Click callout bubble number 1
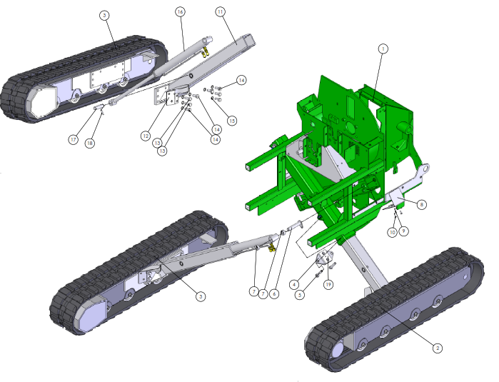(x=383, y=49)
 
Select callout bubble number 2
(x=438, y=348)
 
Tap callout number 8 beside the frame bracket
(x=421, y=204)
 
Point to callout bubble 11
(x=220, y=12)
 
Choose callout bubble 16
(x=180, y=12)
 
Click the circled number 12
(x=146, y=136)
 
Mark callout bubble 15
(x=232, y=121)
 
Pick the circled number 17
(x=74, y=139)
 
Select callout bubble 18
(x=90, y=144)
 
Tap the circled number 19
(x=328, y=284)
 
